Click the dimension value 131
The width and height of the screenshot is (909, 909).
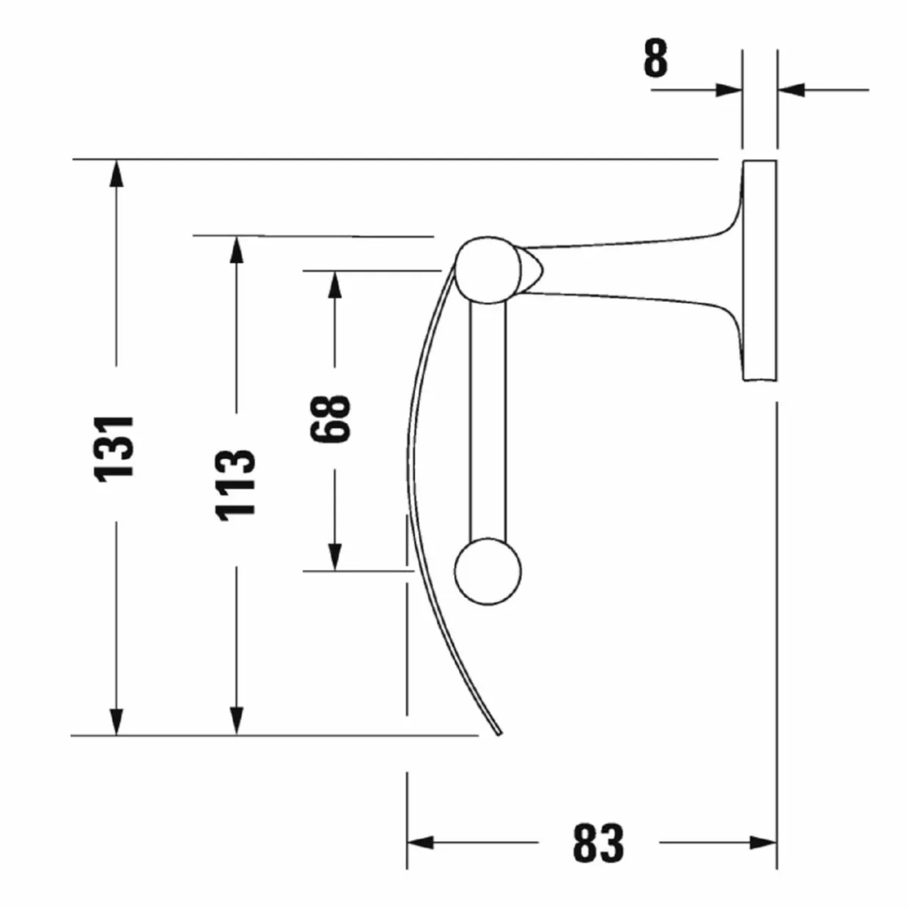pyautogui.click(x=114, y=449)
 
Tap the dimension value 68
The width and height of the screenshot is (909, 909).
pyautogui.click(x=330, y=419)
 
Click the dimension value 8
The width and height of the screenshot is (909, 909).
pyautogui.click(x=656, y=58)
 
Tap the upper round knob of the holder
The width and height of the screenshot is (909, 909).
pyautogui.click(x=487, y=271)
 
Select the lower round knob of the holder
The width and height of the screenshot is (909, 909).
pyautogui.click(x=487, y=572)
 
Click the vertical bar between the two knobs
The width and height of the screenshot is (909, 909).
pyautogui.click(x=487, y=421)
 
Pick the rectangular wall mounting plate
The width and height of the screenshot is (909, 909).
pyautogui.click(x=759, y=271)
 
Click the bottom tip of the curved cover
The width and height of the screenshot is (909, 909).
pyautogui.click(x=500, y=733)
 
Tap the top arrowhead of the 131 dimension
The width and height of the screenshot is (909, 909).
pyautogui.click(x=117, y=174)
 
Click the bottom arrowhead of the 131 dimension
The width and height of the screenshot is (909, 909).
pyautogui.click(x=117, y=721)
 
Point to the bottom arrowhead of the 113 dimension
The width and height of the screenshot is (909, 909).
pyautogui.click(x=237, y=721)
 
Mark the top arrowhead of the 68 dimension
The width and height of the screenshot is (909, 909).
pyautogui.click(x=335, y=285)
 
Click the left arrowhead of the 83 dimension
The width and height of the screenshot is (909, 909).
pyautogui.click(x=421, y=842)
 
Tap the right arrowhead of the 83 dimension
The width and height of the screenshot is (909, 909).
pyautogui.click(x=763, y=842)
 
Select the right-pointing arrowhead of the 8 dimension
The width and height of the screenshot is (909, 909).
pyautogui.click(x=729, y=89)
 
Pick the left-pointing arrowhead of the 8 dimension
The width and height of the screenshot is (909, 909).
pyautogui.click(x=791, y=89)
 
